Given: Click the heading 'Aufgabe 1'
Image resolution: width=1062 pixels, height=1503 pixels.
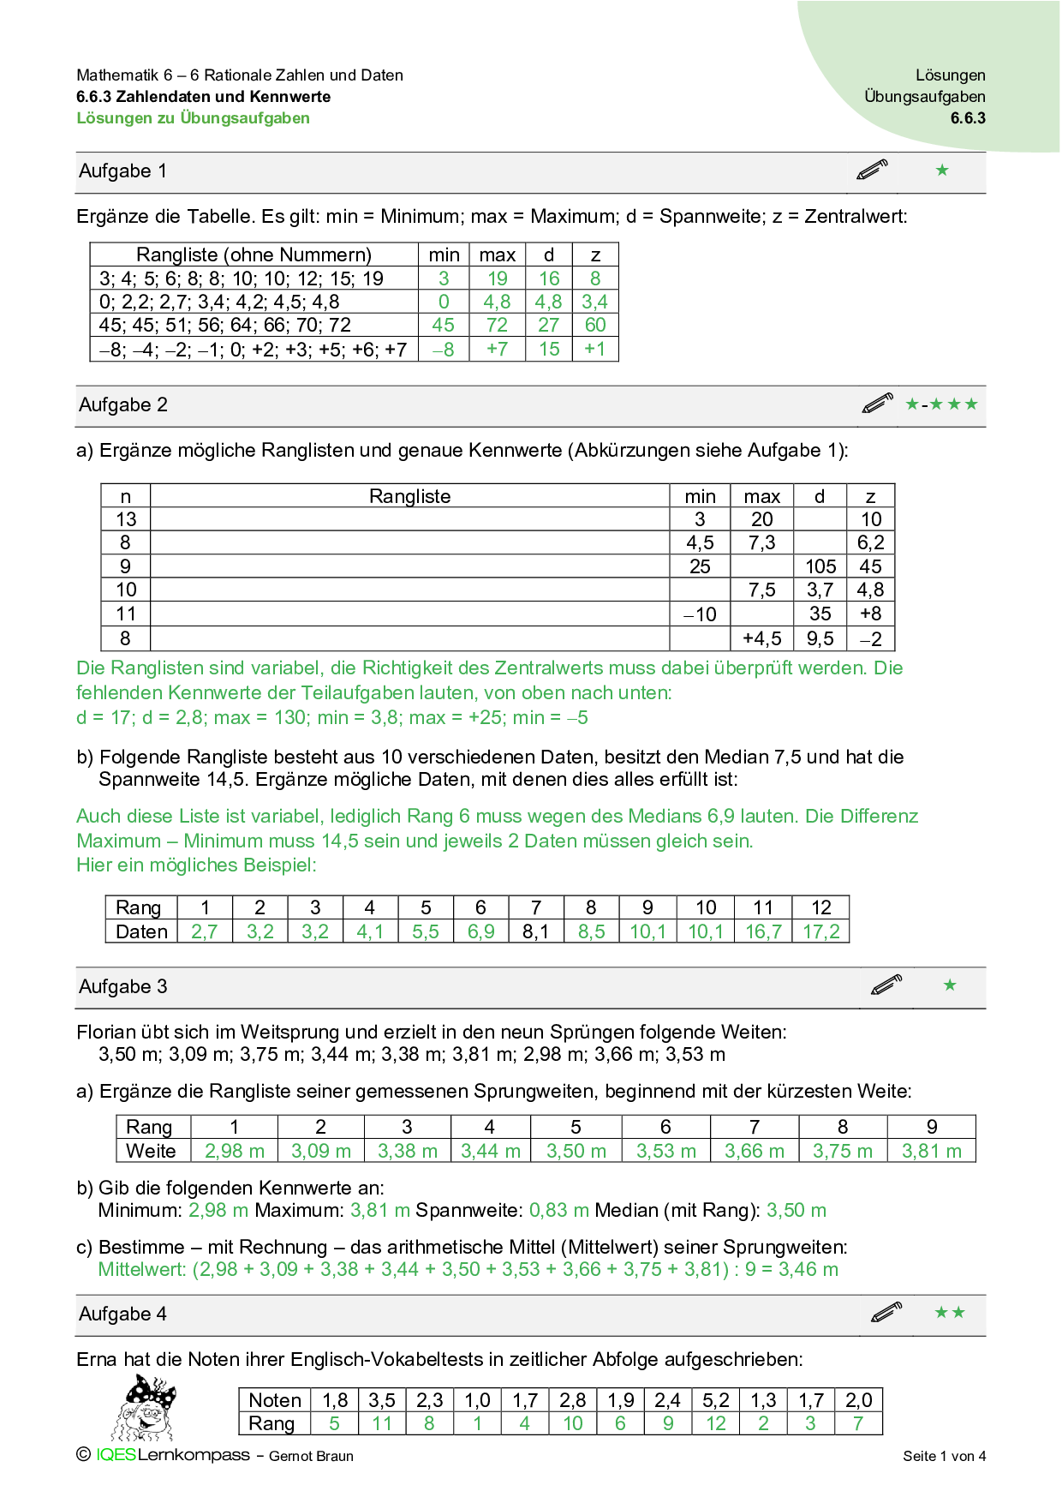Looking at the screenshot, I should [122, 171].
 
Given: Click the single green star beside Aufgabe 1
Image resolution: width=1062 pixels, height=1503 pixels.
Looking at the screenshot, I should [942, 171].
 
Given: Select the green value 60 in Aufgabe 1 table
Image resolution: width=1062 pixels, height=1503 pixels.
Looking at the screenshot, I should [595, 326].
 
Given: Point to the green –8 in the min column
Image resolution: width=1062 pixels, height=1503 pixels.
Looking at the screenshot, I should [444, 350].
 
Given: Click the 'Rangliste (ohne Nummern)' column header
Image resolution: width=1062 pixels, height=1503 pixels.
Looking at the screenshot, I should [254, 254].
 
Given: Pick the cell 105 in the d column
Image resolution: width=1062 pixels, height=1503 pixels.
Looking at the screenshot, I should [820, 566].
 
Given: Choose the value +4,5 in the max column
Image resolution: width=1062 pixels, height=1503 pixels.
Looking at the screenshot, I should [761, 638].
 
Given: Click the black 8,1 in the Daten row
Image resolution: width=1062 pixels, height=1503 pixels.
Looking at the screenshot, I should [535, 931].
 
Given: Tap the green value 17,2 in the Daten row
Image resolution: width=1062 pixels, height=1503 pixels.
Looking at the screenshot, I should [820, 931].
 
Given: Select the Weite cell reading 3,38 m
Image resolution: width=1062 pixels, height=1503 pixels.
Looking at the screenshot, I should [407, 1151].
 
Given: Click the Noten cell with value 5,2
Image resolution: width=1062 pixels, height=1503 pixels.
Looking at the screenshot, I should [715, 1400].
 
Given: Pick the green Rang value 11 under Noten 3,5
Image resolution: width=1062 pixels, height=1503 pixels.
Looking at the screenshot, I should [382, 1423].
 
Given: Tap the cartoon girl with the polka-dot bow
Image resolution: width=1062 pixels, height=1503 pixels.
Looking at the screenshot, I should [145, 1407].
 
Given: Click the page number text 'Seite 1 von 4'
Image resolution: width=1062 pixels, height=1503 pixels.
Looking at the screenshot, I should [944, 1456].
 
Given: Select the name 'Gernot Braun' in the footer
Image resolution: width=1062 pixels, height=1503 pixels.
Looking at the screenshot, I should [311, 1456].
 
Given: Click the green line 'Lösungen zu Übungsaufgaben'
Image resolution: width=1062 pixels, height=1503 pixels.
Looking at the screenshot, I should [194, 118].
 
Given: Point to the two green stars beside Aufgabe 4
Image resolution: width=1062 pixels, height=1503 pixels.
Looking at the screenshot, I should [950, 1313].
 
